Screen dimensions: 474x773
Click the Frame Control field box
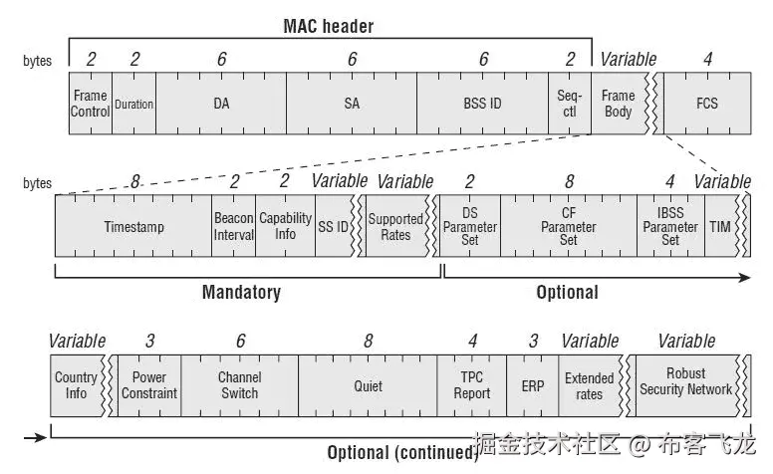coord(90,104)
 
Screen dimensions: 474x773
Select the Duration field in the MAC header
coord(133,104)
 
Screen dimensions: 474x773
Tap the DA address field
coord(220,104)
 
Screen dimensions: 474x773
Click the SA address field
coord(352,104)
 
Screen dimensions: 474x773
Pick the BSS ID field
coord(483,104)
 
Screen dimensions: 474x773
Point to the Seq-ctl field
coord(569,104)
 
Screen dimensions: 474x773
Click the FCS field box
coord(707,104)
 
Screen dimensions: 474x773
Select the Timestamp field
coord(133,227)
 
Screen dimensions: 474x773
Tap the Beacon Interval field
coord(234,227)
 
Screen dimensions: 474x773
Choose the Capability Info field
coord(285,227)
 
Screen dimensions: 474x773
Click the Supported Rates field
coord(395,227)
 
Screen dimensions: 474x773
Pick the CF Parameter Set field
coord(569,227)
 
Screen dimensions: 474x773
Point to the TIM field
coord(719,227)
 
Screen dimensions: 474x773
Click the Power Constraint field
coord(149,385)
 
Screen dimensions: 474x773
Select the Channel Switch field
coord(240,385)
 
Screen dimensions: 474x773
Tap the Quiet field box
coord(368,385)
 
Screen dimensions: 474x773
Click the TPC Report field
coord(472,385)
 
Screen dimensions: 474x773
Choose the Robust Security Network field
coord(687,382)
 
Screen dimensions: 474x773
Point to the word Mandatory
coord(241,293)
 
